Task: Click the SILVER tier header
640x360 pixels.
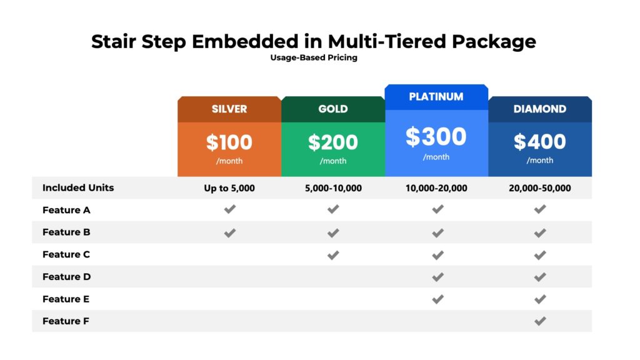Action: coord(229,109)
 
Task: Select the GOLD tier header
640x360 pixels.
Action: coord(332,109)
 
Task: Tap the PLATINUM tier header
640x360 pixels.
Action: coord(436,97)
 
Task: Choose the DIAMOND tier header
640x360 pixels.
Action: coord(540,109)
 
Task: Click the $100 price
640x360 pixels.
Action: coord(229,142)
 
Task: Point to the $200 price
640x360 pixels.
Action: coord(332,142)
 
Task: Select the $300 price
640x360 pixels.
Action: coord(436,137)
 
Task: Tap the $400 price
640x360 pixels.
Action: coord(540,142)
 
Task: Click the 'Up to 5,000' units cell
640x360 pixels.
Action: coord(229,188)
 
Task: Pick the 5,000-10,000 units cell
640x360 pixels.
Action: coord(332,188)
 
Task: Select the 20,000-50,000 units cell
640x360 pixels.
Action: coord(540,188)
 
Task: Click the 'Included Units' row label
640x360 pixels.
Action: coord(78,187)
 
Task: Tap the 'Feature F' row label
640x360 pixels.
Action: coord(66,321)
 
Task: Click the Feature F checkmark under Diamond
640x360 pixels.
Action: coord(540,321)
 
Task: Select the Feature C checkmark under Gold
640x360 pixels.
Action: coord(333,254)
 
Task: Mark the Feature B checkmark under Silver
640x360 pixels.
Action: coord(230,232)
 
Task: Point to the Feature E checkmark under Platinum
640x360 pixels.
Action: coord(437,299)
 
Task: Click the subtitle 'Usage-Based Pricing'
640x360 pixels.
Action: coord(314,58)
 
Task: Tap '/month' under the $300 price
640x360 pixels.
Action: coord(436,157)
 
